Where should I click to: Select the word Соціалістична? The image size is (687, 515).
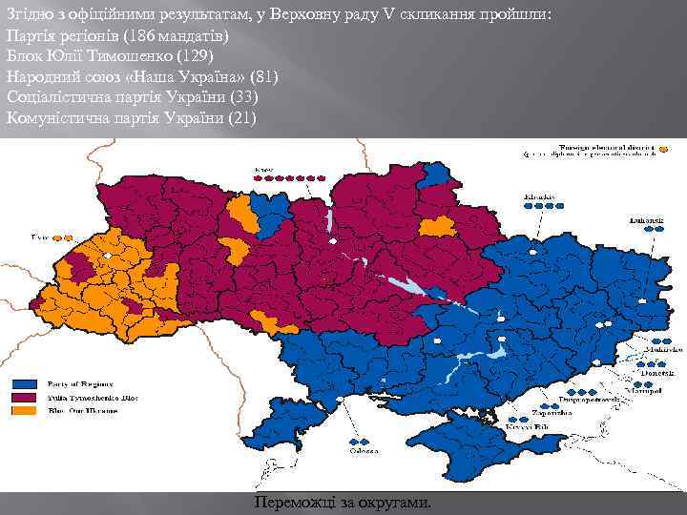click(52, 96)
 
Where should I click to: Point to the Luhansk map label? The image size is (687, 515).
click(646, 218)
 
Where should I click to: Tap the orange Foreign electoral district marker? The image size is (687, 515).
click(668, 149)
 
